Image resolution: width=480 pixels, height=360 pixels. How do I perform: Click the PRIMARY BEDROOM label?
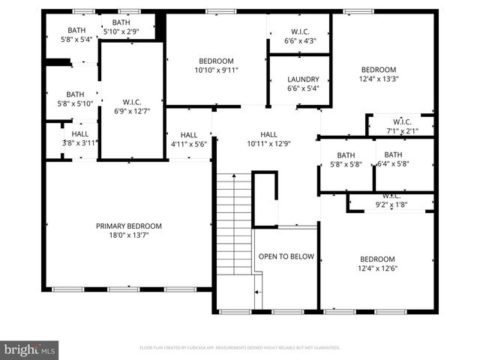(128, 226)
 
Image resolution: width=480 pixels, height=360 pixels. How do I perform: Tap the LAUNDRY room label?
(304, 79)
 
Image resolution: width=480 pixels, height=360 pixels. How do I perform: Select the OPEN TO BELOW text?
(286, 256)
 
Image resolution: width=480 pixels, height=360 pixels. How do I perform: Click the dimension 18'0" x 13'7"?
(128, 236)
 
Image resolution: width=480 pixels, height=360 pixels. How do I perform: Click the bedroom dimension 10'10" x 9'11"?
(216, 71)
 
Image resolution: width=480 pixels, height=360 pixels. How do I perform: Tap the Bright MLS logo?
(30, 349)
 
